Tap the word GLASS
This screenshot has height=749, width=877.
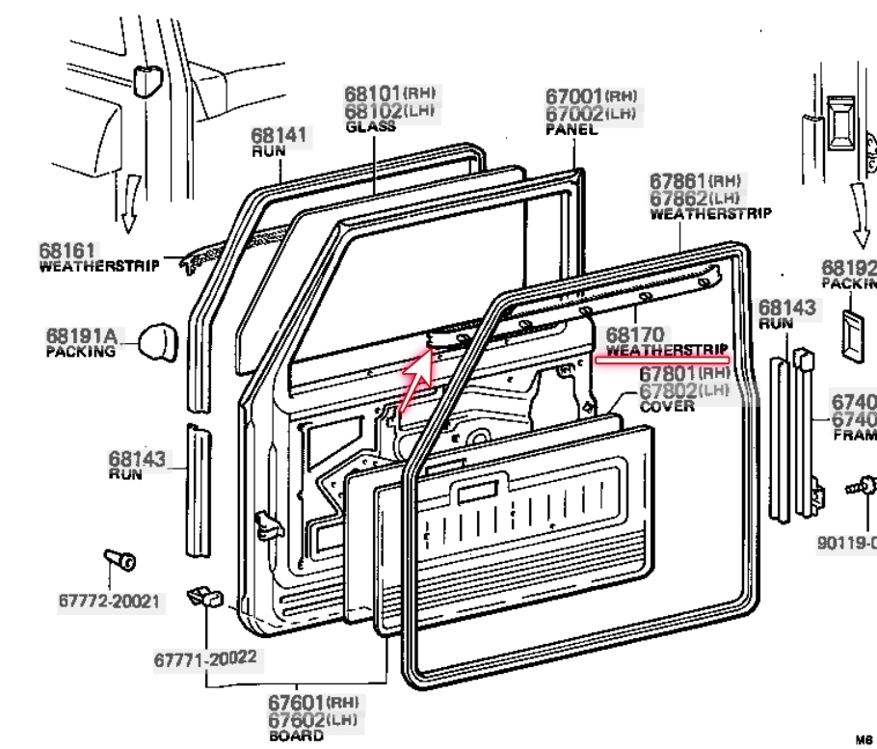tap(370, 126)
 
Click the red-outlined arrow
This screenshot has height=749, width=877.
tap(412, 377)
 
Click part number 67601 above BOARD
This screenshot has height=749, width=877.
tap(297, 704)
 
